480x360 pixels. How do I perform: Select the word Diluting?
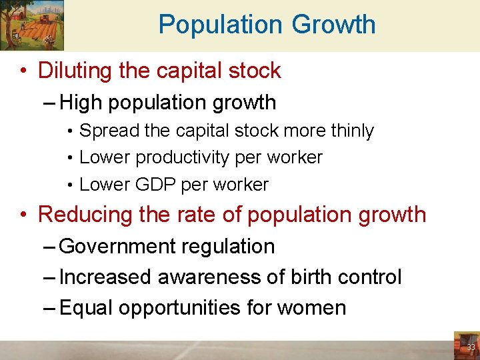coord(75,71)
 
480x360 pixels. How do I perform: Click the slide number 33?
coord(471,347)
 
